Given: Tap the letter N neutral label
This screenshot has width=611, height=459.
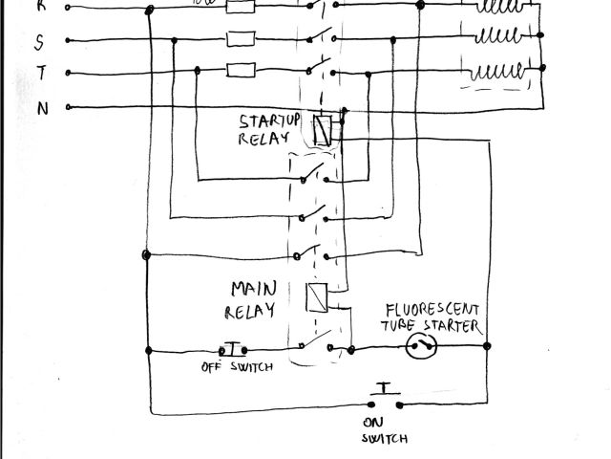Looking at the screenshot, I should coord(42,108).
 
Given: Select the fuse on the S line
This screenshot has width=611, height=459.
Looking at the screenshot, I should coord(239,39).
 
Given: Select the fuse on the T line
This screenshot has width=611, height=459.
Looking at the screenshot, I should coord(239,69).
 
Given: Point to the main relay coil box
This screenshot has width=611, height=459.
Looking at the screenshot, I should coord(318,298).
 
